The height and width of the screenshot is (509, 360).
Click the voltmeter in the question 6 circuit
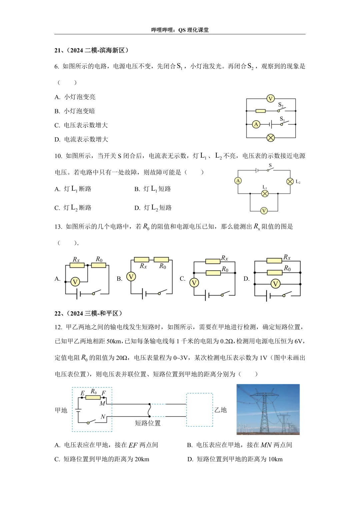[270, 99]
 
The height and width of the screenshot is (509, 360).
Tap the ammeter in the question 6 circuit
[256, 124]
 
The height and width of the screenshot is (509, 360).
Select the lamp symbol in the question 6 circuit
[271, 138]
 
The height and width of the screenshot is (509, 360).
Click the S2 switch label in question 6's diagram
[281, 105]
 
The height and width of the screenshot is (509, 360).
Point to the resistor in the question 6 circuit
[260, 111]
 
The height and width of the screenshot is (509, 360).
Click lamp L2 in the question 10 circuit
[290, 181]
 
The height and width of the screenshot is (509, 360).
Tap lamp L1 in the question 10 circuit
[265, 193]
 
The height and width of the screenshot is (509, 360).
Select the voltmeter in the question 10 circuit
[264, 211]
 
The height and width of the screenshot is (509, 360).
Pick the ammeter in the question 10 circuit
[238, 181]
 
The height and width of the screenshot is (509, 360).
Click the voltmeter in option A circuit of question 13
[75, 282]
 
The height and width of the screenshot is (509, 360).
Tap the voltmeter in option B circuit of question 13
[131, 276]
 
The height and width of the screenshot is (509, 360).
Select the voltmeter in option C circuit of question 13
[194, 283]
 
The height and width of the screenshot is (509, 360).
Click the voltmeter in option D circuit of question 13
[275, 284]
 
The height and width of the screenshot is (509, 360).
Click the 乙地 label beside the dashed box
[220, 410]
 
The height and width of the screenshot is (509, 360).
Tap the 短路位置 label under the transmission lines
[148, 423]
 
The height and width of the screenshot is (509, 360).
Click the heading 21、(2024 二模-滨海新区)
[92, 50]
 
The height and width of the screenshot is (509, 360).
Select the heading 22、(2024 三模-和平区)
[89, 313]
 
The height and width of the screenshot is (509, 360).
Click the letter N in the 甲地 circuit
[103, 417]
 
